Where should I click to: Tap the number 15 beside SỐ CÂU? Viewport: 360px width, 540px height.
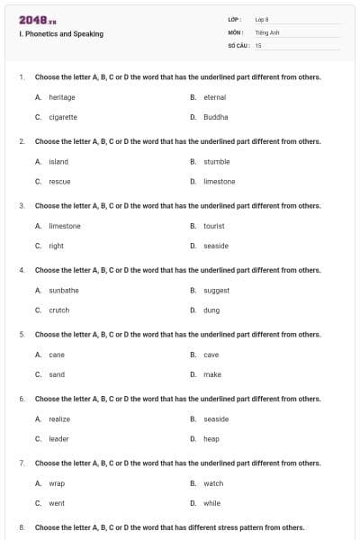coord(258,44)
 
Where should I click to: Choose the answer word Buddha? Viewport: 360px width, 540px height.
coord(216,117)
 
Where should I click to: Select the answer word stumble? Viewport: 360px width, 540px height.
coord(217,162)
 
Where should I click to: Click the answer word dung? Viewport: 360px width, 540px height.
coord(211,310)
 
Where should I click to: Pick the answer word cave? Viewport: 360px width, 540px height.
coord(211,355)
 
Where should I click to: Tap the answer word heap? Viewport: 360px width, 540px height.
coord(211,439)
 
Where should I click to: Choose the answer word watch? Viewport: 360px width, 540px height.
coord(213,483)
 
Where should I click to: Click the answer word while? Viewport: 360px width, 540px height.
coord(212,503)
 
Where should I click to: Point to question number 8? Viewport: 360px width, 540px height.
coord(22,527)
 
